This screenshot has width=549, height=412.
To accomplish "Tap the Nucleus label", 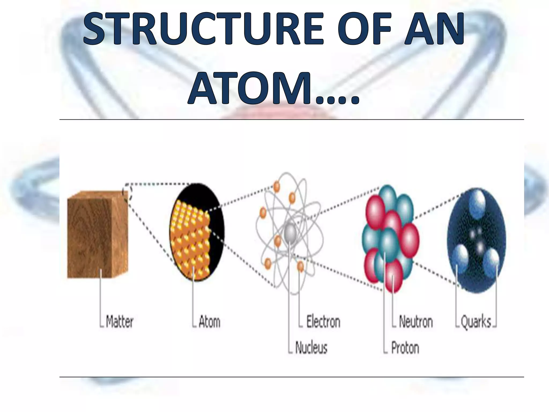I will pos(311,348).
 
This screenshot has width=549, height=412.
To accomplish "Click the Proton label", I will pos(405,348).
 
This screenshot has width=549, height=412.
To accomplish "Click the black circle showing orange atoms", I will pos(197,232).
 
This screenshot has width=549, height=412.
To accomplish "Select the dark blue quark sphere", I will pos(476,240).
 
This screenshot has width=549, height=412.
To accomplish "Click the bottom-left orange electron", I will pos(268,263).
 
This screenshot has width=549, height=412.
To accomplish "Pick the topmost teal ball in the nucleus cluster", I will pos(388,197).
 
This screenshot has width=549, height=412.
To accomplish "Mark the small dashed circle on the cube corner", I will pos(127,191).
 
